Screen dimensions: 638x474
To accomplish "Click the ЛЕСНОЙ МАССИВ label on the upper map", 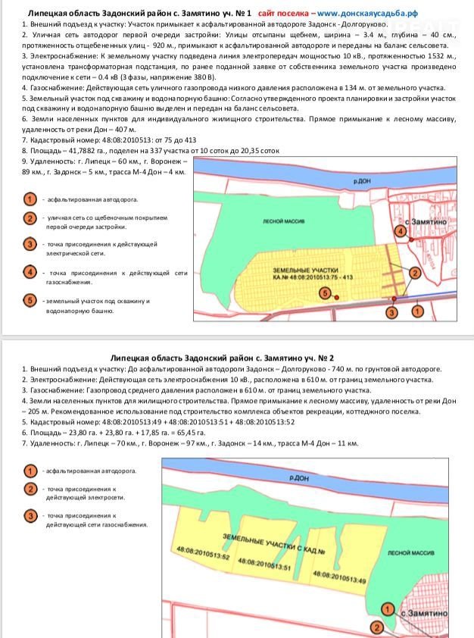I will pyautogui.click(x=283, y=221).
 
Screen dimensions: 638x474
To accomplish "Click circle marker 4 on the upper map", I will pyautogui.click(x=400, y=230).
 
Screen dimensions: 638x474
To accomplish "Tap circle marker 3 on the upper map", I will pyautogui.click(x=391, y=311).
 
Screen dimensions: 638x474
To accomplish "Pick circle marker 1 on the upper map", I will pyautogui.click(x=417, y=310).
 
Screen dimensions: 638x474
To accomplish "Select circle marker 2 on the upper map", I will pyautogui.click(x=414, y=272).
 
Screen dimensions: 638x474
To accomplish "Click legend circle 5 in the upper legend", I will pyautogui.click(x=30, y=300).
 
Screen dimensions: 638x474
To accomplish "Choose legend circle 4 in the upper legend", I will pyautogui.click(x=30, y=272).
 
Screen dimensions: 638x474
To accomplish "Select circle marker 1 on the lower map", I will pyautogui.click(x=387, y=608).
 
